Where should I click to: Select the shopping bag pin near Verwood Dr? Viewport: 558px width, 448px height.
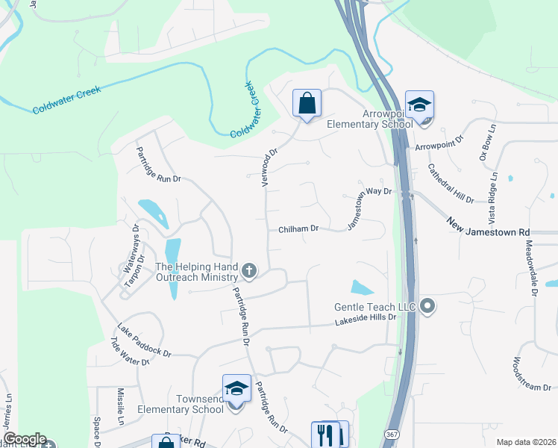click(307, 104)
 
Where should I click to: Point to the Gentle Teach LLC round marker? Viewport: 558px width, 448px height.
click(427, 305)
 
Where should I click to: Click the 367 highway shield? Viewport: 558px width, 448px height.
click(391, 434)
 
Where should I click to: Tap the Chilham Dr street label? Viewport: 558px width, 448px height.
click(299, 229)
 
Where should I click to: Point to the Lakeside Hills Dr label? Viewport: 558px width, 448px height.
click(366, 319)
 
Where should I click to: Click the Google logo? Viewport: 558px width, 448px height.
click(25, 439)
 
